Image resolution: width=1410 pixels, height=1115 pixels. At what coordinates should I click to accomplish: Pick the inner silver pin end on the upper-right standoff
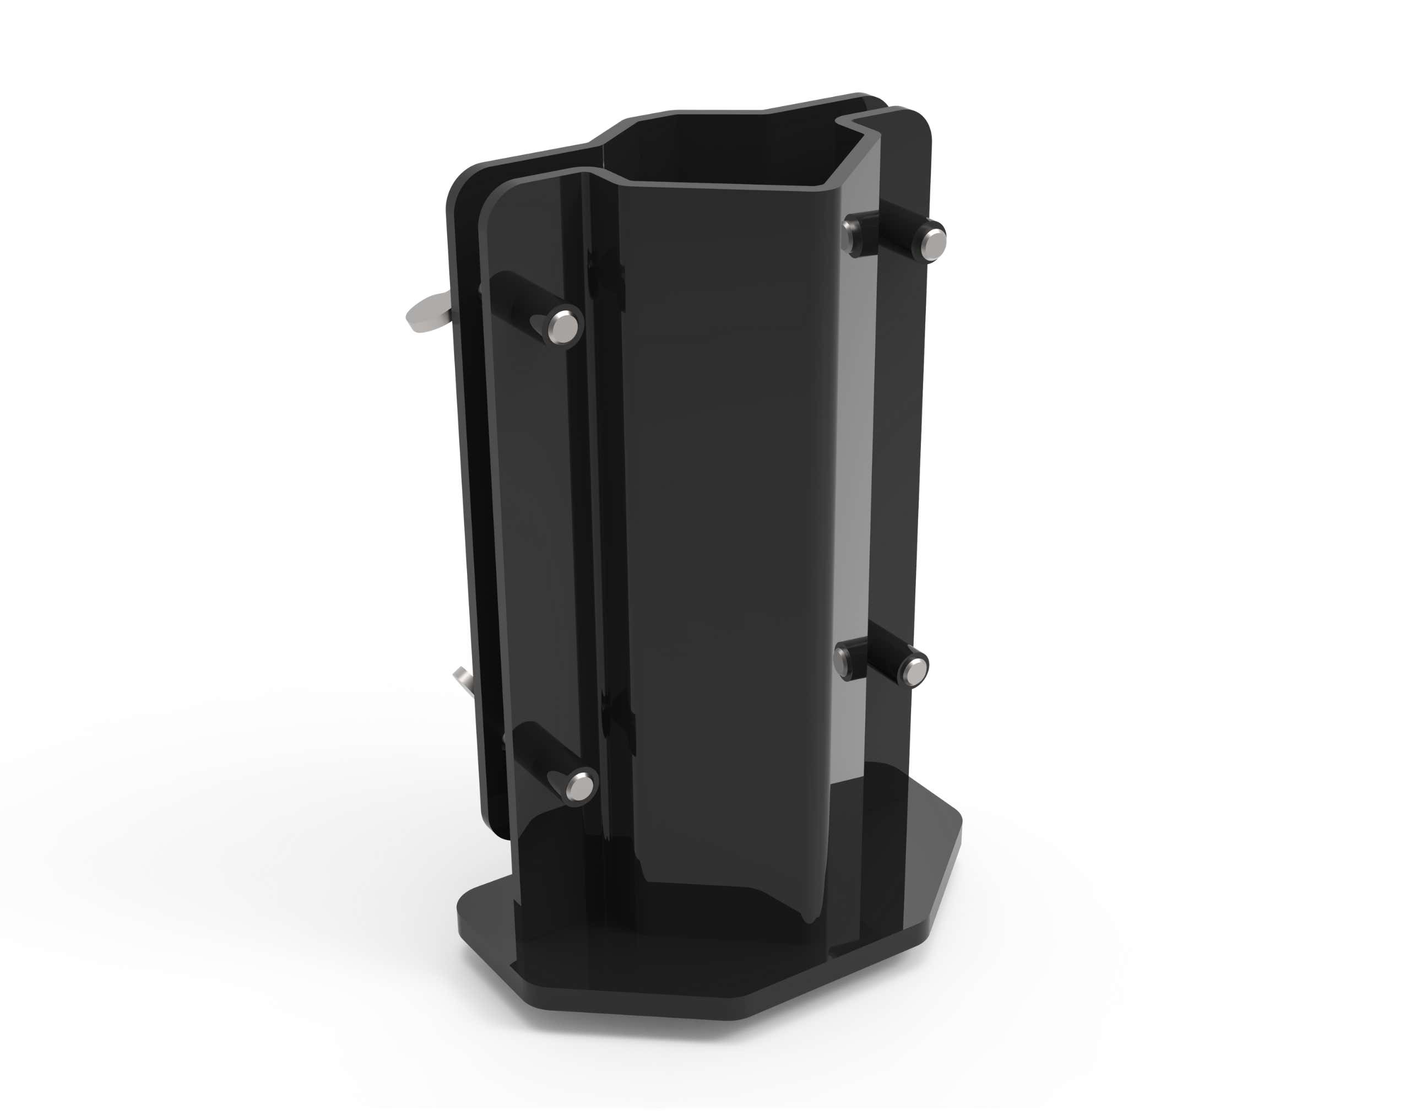850,232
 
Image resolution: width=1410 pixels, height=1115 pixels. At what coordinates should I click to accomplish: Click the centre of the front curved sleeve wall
725,522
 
